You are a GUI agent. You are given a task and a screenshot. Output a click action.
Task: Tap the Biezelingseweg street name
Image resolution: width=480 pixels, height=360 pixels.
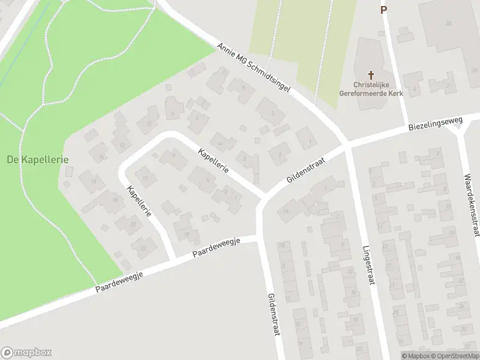(x=436, y=125)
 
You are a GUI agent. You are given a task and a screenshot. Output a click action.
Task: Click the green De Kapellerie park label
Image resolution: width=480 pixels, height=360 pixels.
(x=37, y=160)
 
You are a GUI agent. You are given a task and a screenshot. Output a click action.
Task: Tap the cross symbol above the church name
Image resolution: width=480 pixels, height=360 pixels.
(x=371, y=76)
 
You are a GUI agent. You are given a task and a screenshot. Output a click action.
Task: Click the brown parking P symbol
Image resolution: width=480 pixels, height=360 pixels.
(x=383, y=10)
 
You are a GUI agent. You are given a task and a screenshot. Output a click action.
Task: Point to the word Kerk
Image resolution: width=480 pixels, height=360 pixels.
(x=395, y=94)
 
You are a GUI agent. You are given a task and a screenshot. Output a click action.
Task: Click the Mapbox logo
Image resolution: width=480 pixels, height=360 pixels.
(x=26, y=352)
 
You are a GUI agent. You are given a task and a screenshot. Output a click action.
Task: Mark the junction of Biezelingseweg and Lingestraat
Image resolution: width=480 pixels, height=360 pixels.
(x=347, y=146)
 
